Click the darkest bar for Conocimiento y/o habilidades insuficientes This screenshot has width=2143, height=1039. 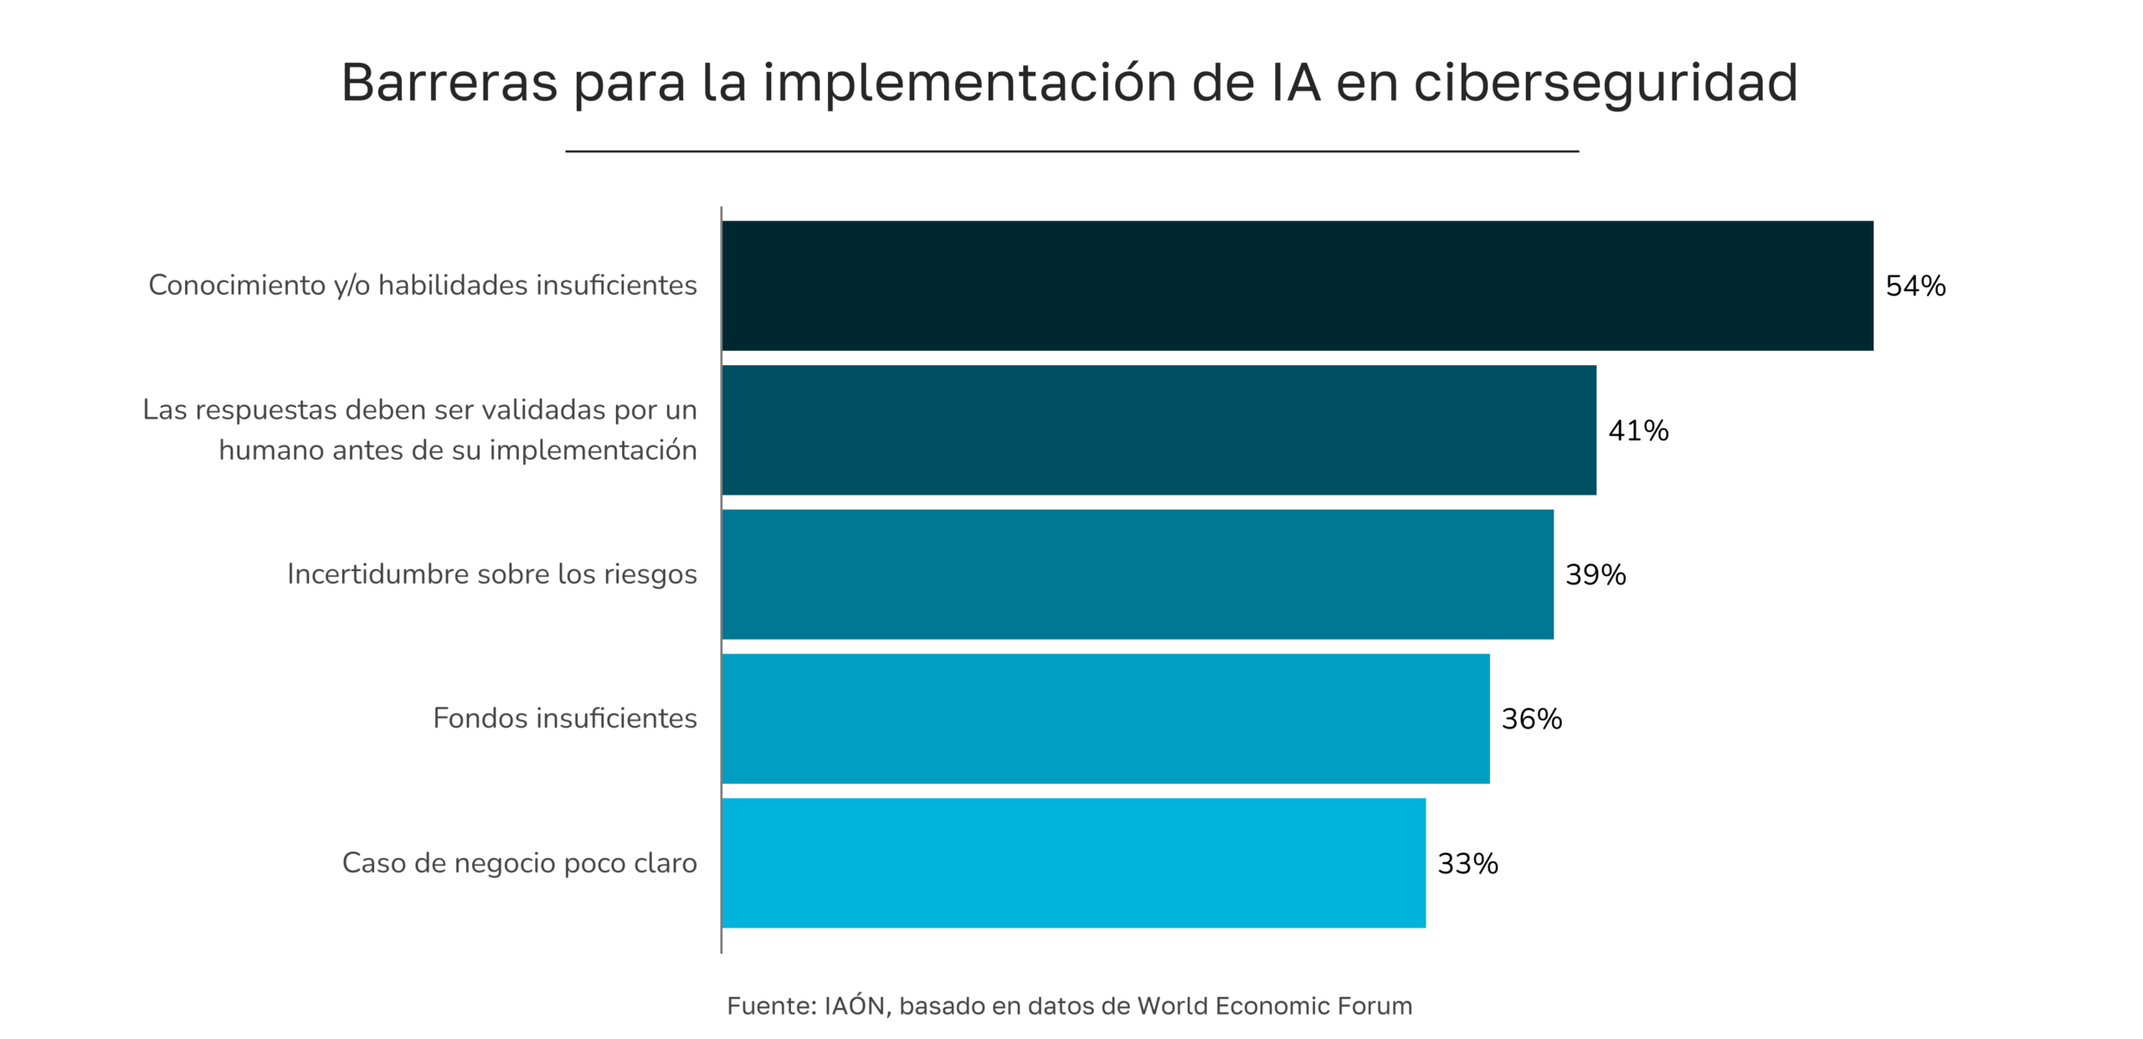[1297, 285]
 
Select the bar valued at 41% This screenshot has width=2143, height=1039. [1159, 429]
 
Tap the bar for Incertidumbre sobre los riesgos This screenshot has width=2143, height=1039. [1137, 574]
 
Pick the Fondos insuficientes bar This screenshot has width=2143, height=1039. [1105, 718]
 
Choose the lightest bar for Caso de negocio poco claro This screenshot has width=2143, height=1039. [1073, 862]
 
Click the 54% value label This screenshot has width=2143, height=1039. [1915, 286]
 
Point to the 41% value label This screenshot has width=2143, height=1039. [1638, 430]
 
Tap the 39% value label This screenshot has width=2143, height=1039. [1596, 574]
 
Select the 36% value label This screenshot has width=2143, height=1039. [1531, 719]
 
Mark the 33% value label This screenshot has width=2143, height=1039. [1467, 863]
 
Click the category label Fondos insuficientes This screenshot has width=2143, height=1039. [564, 718]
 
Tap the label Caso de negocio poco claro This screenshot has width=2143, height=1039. [519, 863]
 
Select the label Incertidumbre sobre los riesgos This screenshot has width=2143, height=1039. [491, 574]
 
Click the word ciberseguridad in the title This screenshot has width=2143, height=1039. [1606, 83]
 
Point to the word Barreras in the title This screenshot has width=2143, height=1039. [449, 83]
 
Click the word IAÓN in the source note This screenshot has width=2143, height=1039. [855, 1005]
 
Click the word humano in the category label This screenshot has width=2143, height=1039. [270, 450]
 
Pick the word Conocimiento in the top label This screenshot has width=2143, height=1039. [237, 285]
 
